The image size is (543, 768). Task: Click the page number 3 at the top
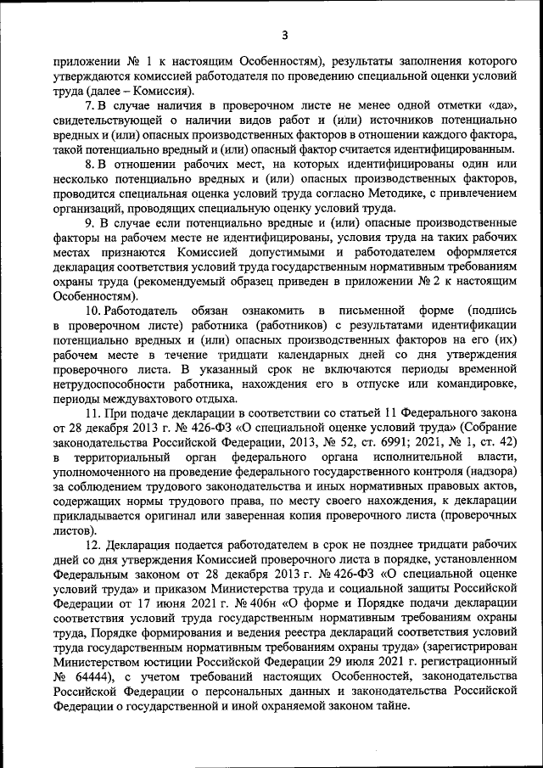click(285, 35)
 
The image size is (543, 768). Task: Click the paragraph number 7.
click(88, 106)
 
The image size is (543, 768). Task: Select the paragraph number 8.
click(88, 164)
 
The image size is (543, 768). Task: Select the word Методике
click(339, 193)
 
